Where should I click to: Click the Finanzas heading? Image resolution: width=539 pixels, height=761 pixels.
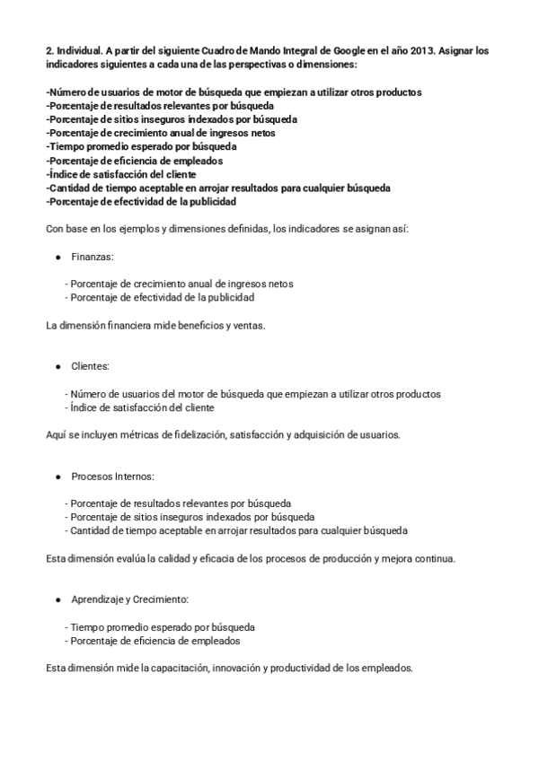[x=93, y=257]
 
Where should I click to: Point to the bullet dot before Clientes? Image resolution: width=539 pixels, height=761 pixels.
[x=58, y=366]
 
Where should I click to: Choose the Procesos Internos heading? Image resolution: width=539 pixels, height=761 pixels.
[x=113, y=477]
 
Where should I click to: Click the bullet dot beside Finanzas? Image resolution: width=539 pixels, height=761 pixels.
[x=58, y=257]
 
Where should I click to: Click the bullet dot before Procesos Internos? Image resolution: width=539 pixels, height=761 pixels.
[x=58, y=477]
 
